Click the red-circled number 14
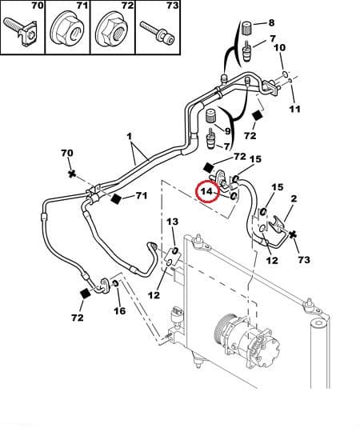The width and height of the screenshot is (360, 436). click(x=207, y=191)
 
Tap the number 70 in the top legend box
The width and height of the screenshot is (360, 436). click(x=37, y=6)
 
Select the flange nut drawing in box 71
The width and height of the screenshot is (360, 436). click(x=67, y=29)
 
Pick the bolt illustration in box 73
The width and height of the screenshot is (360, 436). click(x=158, y=32)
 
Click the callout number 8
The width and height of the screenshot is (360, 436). click(x=271, y=22)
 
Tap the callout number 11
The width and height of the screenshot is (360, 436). click(x=294, y=109)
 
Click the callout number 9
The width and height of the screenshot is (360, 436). click(x=227, y=130)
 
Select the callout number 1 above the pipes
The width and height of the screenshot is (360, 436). click(x=129, y=137)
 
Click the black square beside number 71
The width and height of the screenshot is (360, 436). click(x=116, y=198)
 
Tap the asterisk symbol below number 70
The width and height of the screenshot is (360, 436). click(x=72, y=174)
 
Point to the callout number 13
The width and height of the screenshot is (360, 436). click(x=172, y=222)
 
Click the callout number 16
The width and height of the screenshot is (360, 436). click(x=119, y=310)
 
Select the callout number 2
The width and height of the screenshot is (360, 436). click(x=294, y=198)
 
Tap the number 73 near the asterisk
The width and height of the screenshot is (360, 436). click(x=304, y=260)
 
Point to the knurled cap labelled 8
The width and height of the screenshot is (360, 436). click(x=246, y=28)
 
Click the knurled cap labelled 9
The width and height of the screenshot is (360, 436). click(x=210, y=116)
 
